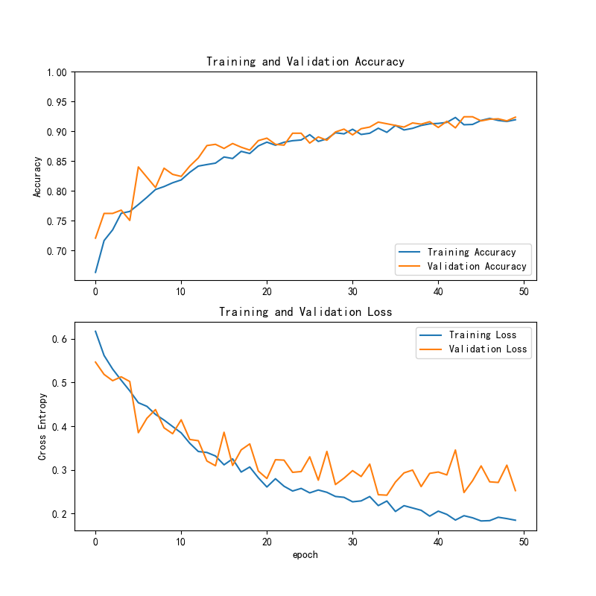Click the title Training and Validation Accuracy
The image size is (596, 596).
(x=305, y=62)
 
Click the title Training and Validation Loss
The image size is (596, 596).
(x=305, y=311)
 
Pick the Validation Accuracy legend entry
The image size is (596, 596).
(x=478, y=266)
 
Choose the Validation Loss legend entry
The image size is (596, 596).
(x=487, y=349)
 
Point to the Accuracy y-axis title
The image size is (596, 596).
(x=37, y=177)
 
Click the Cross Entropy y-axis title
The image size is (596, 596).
(x=42, y=427)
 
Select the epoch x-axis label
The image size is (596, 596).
(x=305, y=554)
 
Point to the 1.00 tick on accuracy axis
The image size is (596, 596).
(x=56, y=72)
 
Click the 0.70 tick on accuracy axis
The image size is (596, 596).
(x=56, y=251)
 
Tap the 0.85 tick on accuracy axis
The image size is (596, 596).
(x=56, y=162)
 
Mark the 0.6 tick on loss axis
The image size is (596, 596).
(x=60, y=339)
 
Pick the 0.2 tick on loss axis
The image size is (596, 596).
(x=60, y=514)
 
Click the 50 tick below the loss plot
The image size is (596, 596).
(x=524, y=542)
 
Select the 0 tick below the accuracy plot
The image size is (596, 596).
(x=95, y=291)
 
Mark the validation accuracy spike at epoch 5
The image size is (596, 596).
(x=139, y=167)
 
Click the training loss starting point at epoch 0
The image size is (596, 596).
(x=95, y=332)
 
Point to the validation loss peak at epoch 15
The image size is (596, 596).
(x=224, y=432)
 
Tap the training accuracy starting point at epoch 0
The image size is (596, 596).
(x=95, y=272)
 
